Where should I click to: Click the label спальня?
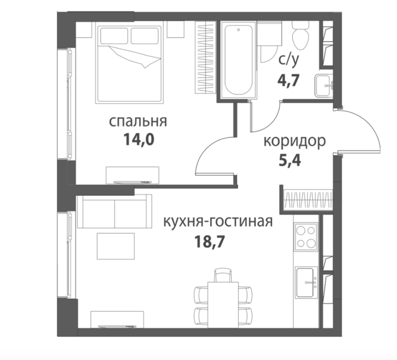point(138,121)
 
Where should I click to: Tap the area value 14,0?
point(139,139)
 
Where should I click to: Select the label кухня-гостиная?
point(218,222)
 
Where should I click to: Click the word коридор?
point(295,141)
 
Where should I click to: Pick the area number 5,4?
point(290,160)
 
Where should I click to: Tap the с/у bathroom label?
point(289,60)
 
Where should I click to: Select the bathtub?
point(239,60)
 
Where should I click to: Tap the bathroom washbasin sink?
point(324,85)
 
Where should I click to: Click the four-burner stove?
point(306,237)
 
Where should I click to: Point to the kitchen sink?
point(306,282)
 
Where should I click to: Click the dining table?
point(223,305)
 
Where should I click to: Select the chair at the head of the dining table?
point(223,275)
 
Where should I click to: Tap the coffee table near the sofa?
point(116,246)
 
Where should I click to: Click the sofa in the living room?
point(115,211)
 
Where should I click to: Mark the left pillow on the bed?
point(114,36)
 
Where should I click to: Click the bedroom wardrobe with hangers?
point(205,58)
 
